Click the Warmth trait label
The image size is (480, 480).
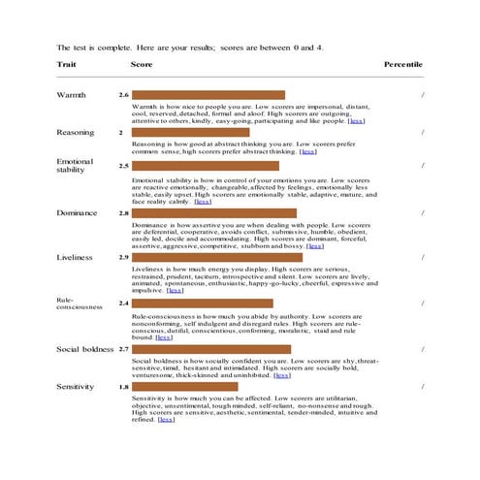pyautogui.click(x=73, y=95)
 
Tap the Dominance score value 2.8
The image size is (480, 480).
pyautogui.click(x=123, y=212)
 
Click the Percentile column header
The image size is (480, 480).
pyautogui.click(x=402, y=63)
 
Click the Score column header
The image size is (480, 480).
pyautogui.click(x=142, y=63)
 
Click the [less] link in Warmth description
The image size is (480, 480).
pyautogui.click(x=357, y=121)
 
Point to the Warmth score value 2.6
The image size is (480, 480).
pyautogui.click(x=123, y=95)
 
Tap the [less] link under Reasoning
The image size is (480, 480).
pyautogui.click(x=308, y=151)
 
